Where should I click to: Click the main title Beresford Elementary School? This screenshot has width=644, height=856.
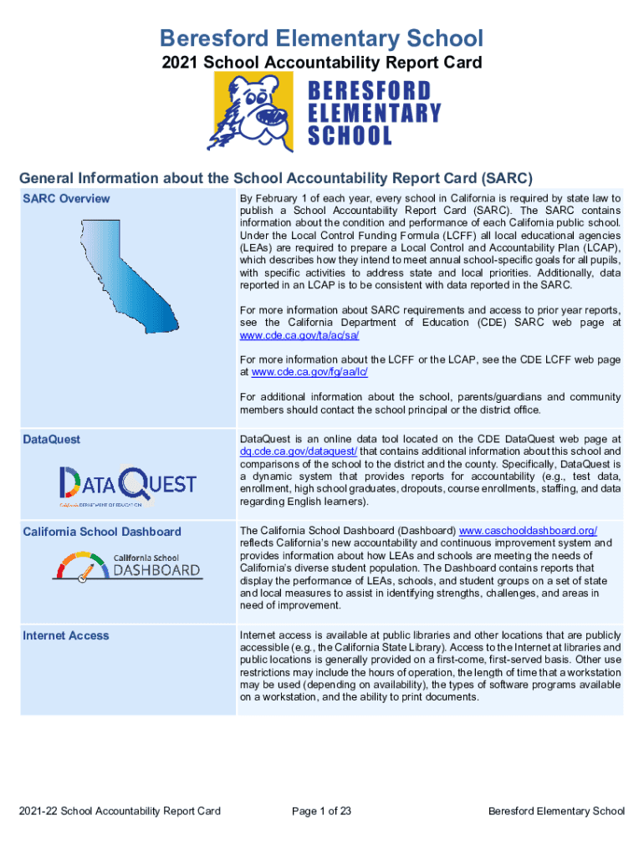(x=321, y=38)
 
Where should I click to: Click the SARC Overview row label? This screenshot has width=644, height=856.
(x=66, y=198)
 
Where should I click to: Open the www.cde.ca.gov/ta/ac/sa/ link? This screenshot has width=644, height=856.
(x=287, y=334)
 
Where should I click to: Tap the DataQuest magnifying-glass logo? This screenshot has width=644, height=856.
(x=127, y=486)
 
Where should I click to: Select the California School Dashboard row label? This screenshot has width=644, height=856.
(x=101, y=532)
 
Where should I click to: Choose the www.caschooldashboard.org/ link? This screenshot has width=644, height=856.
(x=529, y=531)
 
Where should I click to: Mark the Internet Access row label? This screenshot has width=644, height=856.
(x=66, y=635)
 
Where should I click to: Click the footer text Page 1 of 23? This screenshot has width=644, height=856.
(x=321, y=811)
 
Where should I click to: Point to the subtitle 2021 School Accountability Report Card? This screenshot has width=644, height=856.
(x=321, y=62)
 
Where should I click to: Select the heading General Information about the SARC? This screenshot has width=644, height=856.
(x=276, y=177)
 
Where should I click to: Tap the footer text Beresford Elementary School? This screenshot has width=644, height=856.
(x=556, y=811)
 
